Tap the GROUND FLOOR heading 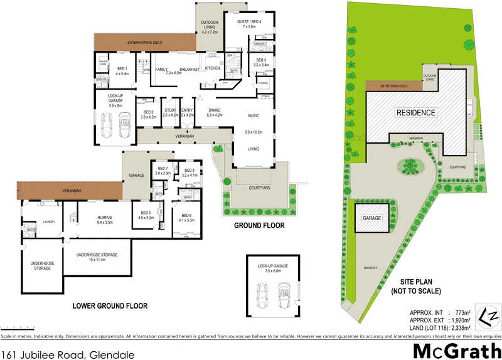(x=259, y=225)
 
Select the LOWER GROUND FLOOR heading (x=110, y=306)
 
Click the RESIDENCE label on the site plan (x=415, y=113)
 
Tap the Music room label (x=253, y=116)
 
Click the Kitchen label (x=212, y=68)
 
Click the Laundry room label (x=50, y=221)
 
